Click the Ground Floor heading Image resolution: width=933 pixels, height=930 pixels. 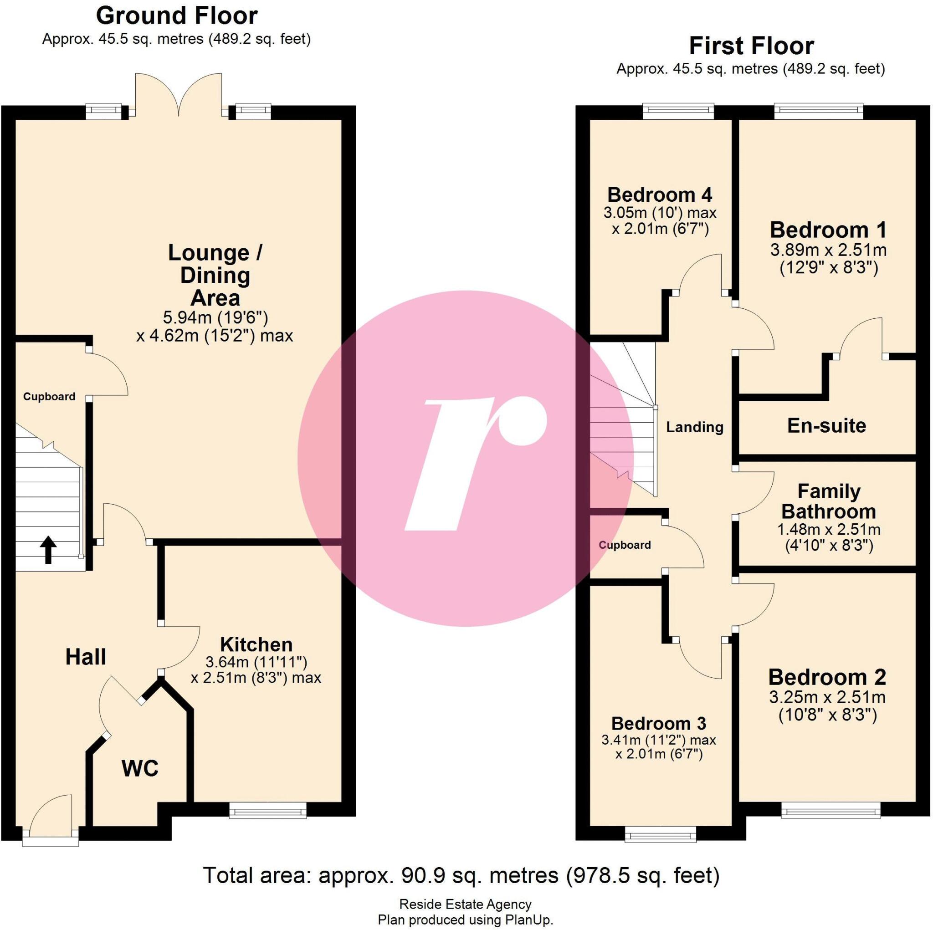click(x=177, y=16)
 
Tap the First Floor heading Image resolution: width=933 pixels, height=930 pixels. click(x=751, y=46)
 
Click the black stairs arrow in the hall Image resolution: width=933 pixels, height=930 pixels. click(x=48, y=550)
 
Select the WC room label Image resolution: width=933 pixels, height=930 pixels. click(x=140, y=768)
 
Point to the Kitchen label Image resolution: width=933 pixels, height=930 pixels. click(x=256, y=644)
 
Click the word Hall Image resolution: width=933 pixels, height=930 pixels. click(x=86, y=657)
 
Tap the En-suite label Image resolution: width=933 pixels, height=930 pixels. click(x=826, y=426)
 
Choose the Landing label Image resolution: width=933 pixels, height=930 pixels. click(x=694, y=427)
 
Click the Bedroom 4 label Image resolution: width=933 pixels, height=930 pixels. click(x=659, y=194)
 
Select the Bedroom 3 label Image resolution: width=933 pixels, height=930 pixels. click(x=658, y=723)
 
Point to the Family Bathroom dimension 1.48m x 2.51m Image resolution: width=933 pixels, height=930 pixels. click(x=828, y=530)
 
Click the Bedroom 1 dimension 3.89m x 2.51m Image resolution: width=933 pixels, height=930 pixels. click(x=828, y=250)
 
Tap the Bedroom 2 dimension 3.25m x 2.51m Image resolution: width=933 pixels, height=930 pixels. click(x=827, y=697)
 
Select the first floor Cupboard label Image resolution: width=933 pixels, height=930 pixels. click(x=625, y=545)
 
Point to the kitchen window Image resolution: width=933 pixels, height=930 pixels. click(x=267, y=810)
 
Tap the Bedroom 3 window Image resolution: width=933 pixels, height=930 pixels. click(x=660, y=834)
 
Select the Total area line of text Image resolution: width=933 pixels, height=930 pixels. click(x=461, y=875)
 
